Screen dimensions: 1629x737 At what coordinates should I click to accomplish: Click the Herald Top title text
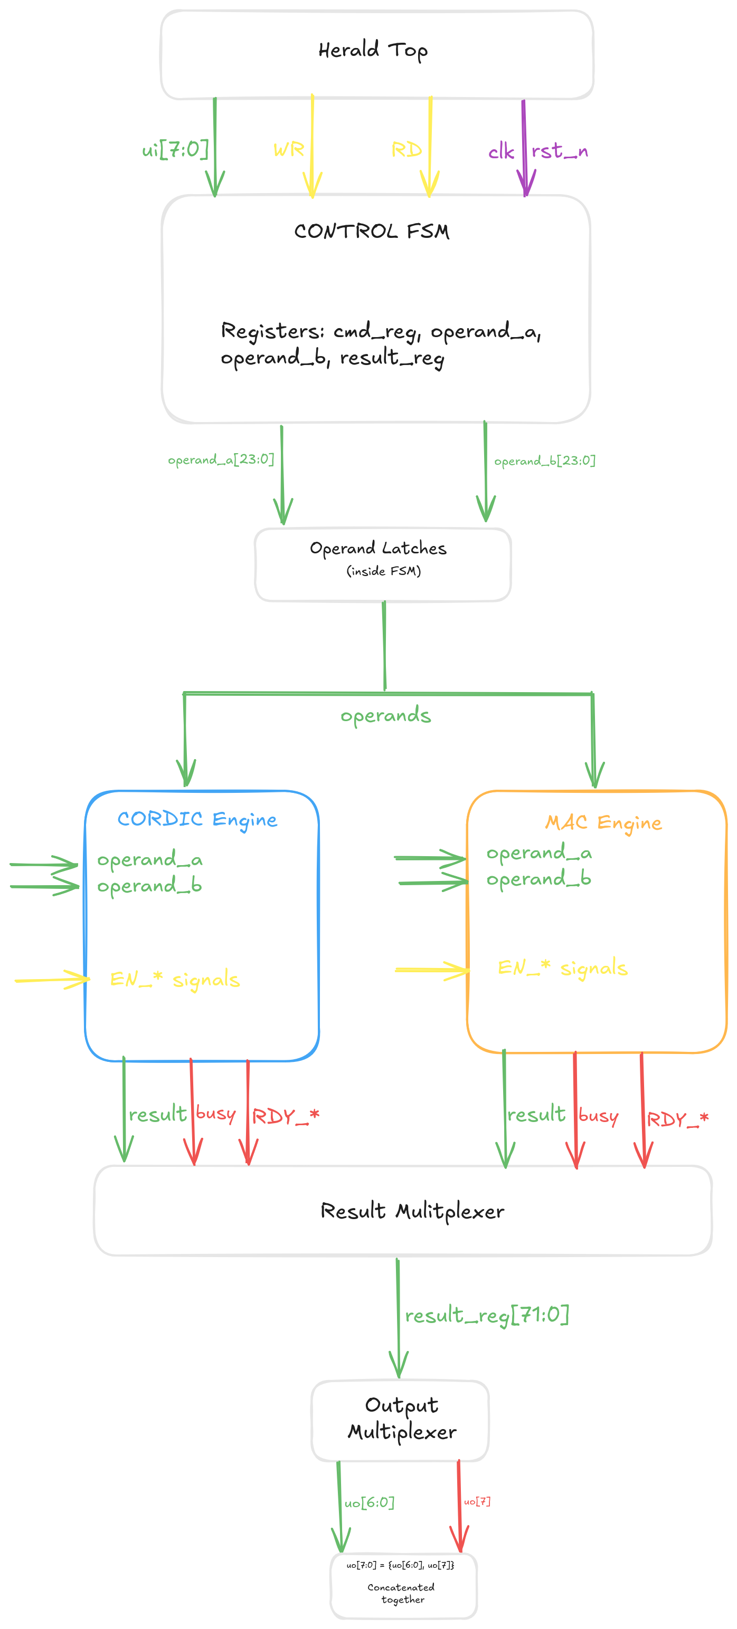pyautogui.click(x=373, y=50)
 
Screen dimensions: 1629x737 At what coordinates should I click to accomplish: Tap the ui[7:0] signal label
pyautogui.click(x=175, y=150)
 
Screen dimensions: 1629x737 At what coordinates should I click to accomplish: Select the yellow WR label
pyautogui.click(x=288, y=150)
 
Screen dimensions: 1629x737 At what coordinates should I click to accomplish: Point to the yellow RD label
pyautogui.click(x=406, y=150)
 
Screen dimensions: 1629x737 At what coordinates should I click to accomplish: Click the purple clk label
pyautogui.click(x=501, y=152)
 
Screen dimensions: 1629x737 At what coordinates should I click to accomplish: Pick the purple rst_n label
pyautogui.click(x=559, y=151)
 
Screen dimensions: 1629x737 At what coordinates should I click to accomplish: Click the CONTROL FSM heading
pyautogui.click(x=371, y=232)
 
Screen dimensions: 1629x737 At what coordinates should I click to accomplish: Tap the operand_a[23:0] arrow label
pyautogui.click(x=221, y=459)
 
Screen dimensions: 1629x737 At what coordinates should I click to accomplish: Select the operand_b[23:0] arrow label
pyautogui.click(x=545, y=461)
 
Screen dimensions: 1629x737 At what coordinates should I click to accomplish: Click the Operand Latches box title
pyautogui.click(x=377, y=548)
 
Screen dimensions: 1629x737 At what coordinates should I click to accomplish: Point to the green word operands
pyautogui.click(x=385, y=716)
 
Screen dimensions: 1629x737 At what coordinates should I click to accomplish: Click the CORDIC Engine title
pyautogui.click(x=197, y=820)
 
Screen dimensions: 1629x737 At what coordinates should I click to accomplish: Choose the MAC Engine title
pyautogui.click(x=603, y=823)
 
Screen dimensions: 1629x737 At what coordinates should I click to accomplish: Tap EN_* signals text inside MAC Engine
pyautogui.click(x=562, y=967)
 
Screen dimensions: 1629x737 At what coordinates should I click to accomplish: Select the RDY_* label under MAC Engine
pyautogui.click(x=677, y=1119)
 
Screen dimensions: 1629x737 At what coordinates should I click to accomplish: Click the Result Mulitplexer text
pyautogui.click(x=412, y=1211)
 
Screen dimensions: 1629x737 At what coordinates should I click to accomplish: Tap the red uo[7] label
pyautogui.click(x=477, y=1501)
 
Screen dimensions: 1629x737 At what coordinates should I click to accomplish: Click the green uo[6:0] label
pyautogui.click(x=369, y=1502)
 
